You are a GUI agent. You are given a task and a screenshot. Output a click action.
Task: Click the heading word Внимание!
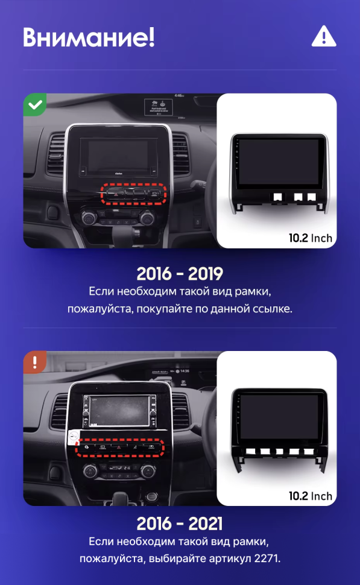pos(89,37)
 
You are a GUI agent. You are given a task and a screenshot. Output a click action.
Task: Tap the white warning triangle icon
pos(324,37)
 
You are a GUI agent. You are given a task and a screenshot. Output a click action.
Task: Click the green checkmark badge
pos(36,105)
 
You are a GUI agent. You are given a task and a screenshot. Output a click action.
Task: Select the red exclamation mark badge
pos(35,362)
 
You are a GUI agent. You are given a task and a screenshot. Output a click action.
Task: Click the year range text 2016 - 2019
pos(180,273)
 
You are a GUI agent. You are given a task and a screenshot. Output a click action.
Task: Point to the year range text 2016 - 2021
pos(180,522)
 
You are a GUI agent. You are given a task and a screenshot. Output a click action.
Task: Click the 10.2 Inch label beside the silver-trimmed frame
pos(310,238)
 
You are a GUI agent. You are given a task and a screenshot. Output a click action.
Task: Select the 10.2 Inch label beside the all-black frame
pos(310,496)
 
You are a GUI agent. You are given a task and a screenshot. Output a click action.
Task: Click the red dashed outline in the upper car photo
pos(133,194)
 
